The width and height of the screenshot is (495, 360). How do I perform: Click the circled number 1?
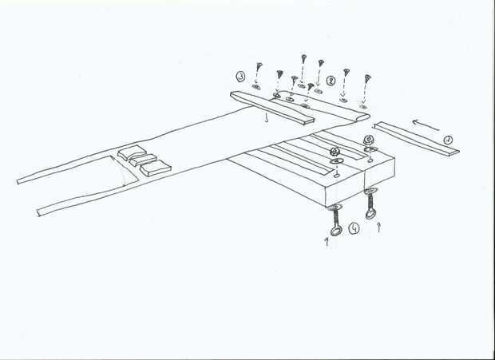pos(449,139)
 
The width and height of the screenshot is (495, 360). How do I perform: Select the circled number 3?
pos(240,77)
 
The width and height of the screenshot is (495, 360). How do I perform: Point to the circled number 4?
pos(354,228)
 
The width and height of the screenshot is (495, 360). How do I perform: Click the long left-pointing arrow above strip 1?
pos(428,124)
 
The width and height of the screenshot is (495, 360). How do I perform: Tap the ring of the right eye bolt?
pos(370,214)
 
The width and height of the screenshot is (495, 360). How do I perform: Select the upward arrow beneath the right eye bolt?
pos(378,229)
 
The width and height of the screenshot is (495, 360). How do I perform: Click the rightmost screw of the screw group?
pos(367,79)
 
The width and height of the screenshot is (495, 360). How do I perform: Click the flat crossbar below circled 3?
pos(271,108)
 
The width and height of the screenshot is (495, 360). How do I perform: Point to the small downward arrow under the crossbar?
pos(266,121)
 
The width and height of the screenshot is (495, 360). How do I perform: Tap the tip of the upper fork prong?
pos(19,180)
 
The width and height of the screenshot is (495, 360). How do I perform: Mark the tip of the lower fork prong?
pos(40,212)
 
